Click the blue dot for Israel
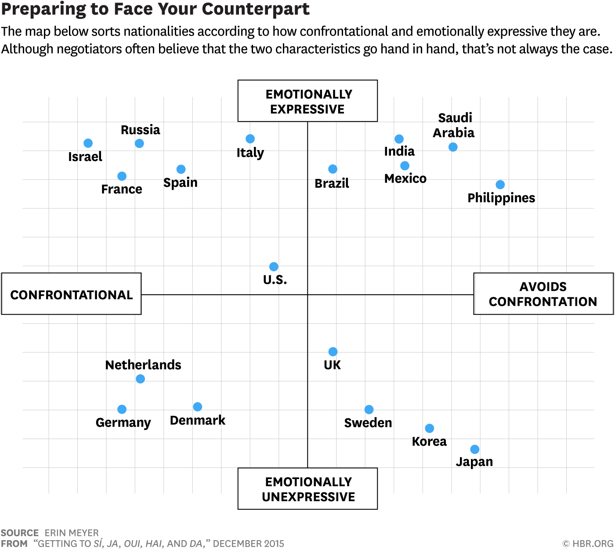[88, 143]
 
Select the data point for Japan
[474, 449]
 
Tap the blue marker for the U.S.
[274, 267]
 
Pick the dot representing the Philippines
[500, 185]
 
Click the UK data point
[333, 351]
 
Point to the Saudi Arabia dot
[453, 147]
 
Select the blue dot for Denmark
[198, 406]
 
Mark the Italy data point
[250, 139]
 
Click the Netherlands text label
[143, 365]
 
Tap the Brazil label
[332, 183]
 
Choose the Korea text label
[429, 441]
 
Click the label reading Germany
[123, 422]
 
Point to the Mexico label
[405, 178]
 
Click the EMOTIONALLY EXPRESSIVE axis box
[307, 101]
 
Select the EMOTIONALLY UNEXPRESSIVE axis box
[307, 489]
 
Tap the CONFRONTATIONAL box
[71, 294]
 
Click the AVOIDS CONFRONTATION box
[543, 294]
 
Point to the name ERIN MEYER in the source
[72, 533]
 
